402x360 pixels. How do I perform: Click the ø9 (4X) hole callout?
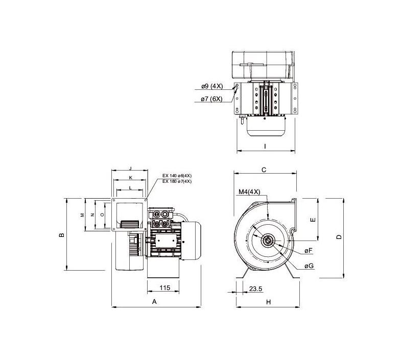click(x=212, y=86)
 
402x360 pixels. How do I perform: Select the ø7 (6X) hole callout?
click(x=211, y=99)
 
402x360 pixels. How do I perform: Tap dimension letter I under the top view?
click(x=265, y=147)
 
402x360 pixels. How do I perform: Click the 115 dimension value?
click(x=164, y=287)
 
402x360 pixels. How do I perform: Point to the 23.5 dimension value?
click(x=255, y=289)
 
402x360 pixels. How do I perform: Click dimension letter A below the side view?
click(x=154, y=302)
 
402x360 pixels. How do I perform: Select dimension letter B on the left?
click(x=62, y=235)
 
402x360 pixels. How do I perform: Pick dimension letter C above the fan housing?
click(x=264, y=170)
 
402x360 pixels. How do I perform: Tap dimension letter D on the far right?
click(x=339, y=237)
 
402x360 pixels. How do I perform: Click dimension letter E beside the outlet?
click(x=313, y=220)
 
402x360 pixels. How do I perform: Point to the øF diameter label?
click(x=309, y=250)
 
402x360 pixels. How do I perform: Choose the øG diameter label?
click(x=309, y=266)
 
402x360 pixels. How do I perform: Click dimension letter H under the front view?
click(x=269, y=302)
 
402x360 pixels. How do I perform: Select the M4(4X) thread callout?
click(x=249, y=192)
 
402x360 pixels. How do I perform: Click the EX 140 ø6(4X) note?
click(x=177, y=176)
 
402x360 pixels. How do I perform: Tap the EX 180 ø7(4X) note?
click(x=177, y=181)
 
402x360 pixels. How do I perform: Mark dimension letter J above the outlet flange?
click(x=130, y=169)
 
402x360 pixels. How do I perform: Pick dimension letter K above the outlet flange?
click(x=130, y=177)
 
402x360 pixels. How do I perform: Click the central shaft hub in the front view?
click(x=268, y=241)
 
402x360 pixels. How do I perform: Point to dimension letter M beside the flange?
click(x=83, y=214)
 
